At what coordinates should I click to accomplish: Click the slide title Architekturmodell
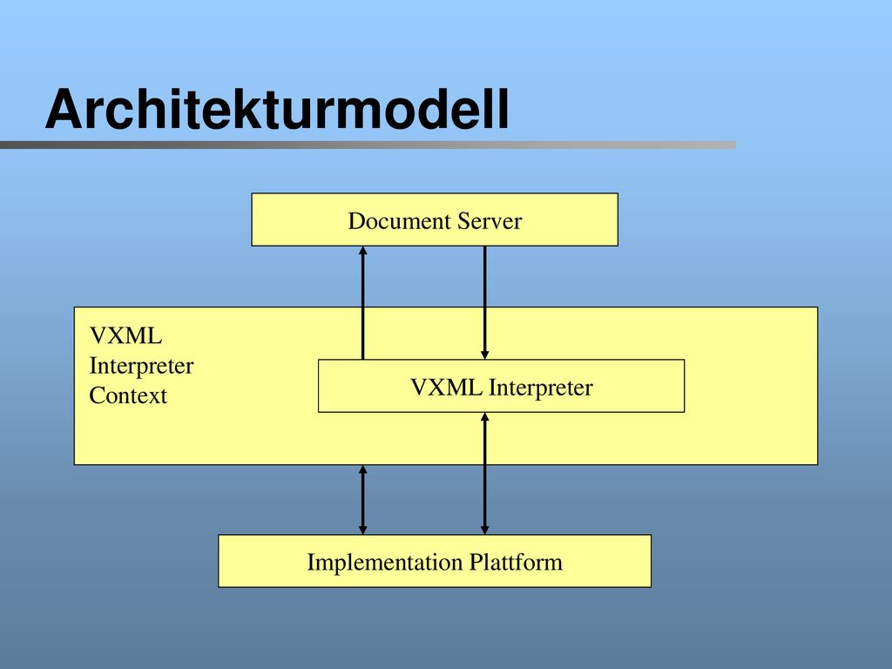pyautogui.click(x=277, y=109)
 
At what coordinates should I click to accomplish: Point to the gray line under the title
pyautogui.click(x=368, y=145)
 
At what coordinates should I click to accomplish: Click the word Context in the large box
pyautogui.click(x=128, y=395)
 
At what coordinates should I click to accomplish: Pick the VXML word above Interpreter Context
pyautogui.click(x=125, y=335)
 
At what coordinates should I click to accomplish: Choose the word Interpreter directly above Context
pyautogui.click(x=142, y=366)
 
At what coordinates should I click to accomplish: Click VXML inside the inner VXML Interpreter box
pyautogui.click(x=447, y=388)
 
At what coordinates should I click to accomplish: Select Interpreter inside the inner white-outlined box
pyautogui.click(x=540, y=388)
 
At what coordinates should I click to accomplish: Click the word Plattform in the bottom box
pyautogui.click(x=516, y=562)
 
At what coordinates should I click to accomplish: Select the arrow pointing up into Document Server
pyautogui.click(x=363, y=302)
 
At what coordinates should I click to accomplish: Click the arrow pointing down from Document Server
pyautogui.click(x=484, y=302)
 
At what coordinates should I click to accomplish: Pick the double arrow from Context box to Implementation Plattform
pyautogui.click(x=363, y=500)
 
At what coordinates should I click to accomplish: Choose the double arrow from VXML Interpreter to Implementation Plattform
pyautogui.click(x=484, y=473)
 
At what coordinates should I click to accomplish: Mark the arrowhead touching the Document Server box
pyautogui.click(x=363, y=250)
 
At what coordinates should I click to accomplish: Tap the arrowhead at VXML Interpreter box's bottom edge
pyautogui.click(x=484, y=417)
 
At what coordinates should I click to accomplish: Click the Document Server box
pyautogui.click(x=435, y=220)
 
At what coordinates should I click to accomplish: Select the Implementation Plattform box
pyautogui.click(x=435, y=561)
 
